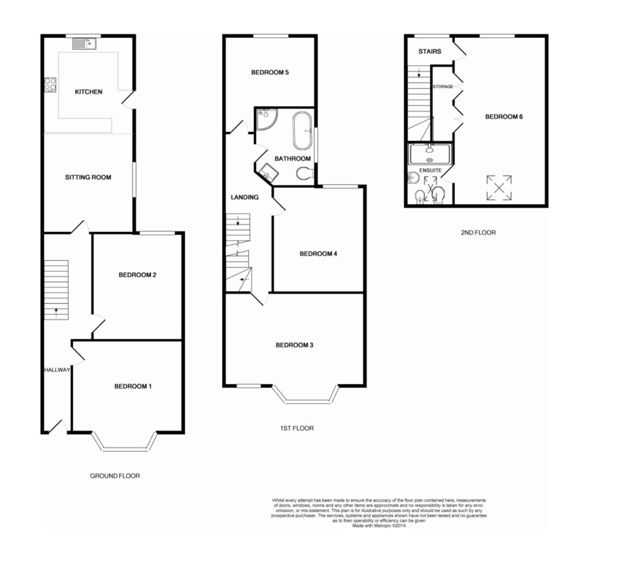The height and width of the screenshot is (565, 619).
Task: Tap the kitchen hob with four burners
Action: pyautogui.click(x=50, y=84)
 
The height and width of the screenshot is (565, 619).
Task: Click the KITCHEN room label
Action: pyautogui.click(x=88, y=92)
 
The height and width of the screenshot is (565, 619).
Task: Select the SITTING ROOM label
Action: pyautogui.click(x=88, y=177)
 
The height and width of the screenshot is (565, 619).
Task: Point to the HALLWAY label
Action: pyautogui.click(x=56, y=370)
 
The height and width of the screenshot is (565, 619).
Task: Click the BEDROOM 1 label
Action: pyautogui.click(x=133, y=387)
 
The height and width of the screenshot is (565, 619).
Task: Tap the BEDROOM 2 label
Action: pyautogui.click(x=137, y=275)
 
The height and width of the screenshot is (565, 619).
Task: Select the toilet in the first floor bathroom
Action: pyautogui.click(x=303, y=173)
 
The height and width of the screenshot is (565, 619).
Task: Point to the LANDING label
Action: pyautogui.click(x=245, y=197)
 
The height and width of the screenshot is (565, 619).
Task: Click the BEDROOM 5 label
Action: pyautogui.click(x=270, y=73)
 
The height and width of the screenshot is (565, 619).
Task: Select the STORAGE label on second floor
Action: pyautogui.click(x=443, y=87)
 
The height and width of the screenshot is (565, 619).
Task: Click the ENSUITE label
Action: pyautogui.click(x=430, y=171)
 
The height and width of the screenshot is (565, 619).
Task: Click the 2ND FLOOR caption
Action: pyautogui.click(x=478, y=233)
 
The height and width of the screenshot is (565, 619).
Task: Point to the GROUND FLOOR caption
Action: pyautogui.click(x=115, y=476)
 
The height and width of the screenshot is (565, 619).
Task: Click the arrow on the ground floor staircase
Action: pyautogui.click(x=56, y=313)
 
